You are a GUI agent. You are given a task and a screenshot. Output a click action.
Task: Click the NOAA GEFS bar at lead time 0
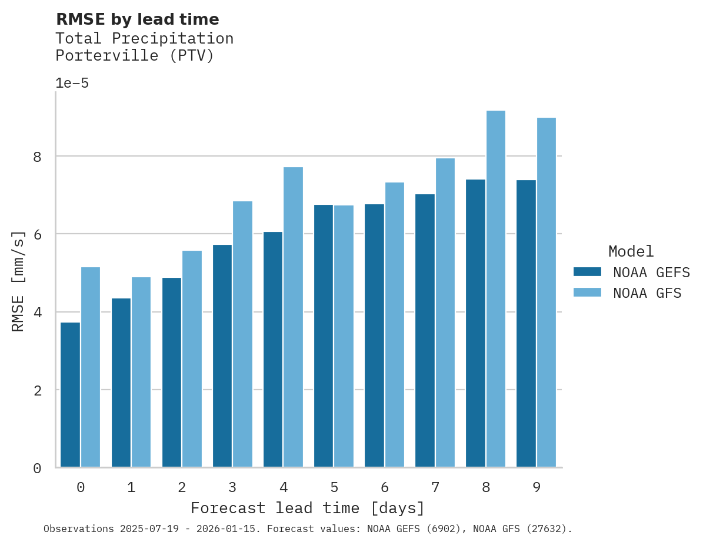[70, 395]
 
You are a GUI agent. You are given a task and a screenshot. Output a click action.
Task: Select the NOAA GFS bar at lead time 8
[495, 289]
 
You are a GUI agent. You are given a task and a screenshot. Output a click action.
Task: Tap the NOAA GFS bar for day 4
[293, 317]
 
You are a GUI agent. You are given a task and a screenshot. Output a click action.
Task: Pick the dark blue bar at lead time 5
[324, 336]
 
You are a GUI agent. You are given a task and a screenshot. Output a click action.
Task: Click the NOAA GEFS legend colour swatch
[587, 272]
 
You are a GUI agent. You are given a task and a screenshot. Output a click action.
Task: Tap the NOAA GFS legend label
[647, 293]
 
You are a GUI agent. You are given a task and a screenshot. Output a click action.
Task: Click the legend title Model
[631, 252]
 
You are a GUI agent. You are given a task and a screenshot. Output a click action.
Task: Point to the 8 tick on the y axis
[37, 157]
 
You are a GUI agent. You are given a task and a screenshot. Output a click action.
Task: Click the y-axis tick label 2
[37, 390]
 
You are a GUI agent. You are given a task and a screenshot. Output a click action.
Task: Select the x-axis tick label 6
[385, 487]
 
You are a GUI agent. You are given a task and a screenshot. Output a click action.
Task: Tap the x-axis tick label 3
[232, 487]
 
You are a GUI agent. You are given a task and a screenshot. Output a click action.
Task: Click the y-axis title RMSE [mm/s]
[18, 281]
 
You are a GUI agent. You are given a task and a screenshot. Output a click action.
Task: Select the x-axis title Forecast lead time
[307, 508]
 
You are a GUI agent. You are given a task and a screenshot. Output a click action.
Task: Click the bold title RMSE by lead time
[137, 19]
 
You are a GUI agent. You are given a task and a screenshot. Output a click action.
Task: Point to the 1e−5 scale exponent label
[72, 83]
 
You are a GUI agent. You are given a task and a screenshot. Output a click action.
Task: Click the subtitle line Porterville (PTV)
[135, 56]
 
